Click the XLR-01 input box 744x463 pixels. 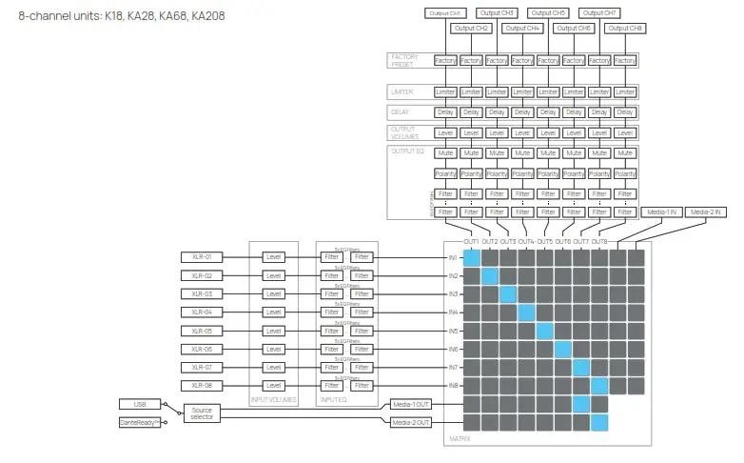coord(201,256)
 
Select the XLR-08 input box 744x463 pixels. coord(201,385)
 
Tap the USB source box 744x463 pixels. coord(141,403)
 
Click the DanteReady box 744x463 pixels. coord(141,422)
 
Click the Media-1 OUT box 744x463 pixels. coord(411,404)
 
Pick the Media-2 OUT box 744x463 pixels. coord(411,422)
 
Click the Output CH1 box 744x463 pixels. coord(444,13)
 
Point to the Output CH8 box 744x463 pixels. coord(625,29)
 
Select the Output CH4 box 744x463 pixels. coord(522,29)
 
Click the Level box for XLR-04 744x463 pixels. coord(274,312)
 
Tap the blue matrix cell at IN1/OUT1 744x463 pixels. coord(472,257)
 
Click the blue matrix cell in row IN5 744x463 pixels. coord(545,331)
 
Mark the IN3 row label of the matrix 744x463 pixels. coord(454,293)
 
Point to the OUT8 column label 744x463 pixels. coord(600,242)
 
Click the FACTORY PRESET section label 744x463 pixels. coord(404,61)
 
